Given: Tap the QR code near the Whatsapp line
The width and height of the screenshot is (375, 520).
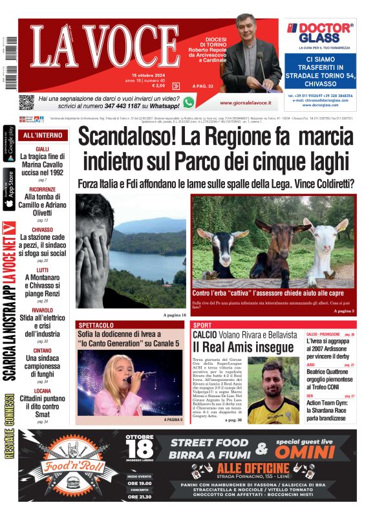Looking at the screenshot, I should pyautogui.click(x=26, y=102).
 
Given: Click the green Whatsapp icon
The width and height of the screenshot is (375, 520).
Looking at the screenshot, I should pyautogui.click(x=188, y=102).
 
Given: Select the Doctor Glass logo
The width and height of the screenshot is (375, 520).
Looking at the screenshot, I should pyautogui.click(x=320, y=31).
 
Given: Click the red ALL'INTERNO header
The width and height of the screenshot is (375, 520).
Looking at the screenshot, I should pyautogui.click(x=43, y=135).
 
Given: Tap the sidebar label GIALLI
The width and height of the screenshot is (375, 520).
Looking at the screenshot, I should pyautogui.click(x=43, y=150).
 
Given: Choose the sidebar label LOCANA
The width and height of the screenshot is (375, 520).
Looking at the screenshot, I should pyautogui.click(x=43, y=391).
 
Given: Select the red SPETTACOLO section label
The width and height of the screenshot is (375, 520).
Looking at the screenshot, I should pyautogui.click(x=96, y=325).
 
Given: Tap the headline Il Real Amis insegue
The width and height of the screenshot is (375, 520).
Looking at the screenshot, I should pyautogui.click(x=237, y=347).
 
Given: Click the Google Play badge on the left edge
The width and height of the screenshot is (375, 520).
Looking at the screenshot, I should pyautogui.click(x=9, y=144).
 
